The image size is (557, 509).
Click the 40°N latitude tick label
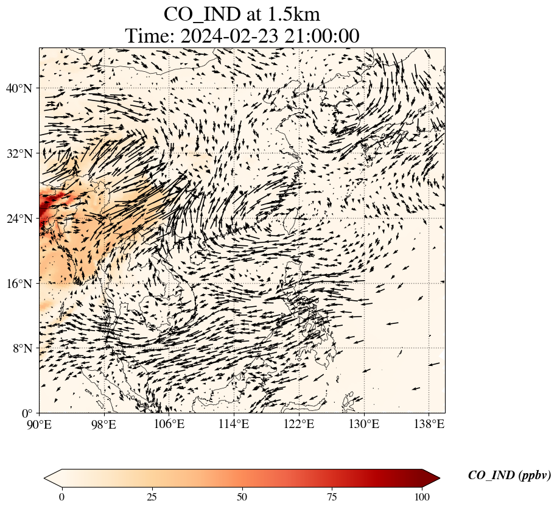pos(18,88)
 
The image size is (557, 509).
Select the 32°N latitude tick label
pos(18,153)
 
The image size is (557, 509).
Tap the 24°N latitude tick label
pos(18,219)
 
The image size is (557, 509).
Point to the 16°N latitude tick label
pos(18,283)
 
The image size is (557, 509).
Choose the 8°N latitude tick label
pos(21,348)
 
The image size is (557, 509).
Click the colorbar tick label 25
pos(152,496)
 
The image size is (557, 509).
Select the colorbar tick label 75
pos(332,496)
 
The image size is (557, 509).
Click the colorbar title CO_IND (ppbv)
pos(510,476)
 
